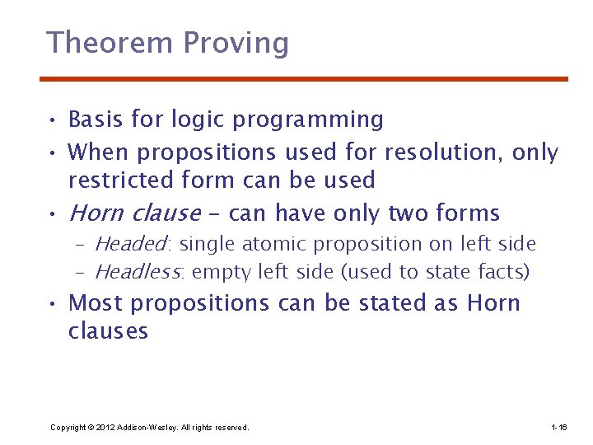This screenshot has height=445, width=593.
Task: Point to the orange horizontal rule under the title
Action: [304, 79]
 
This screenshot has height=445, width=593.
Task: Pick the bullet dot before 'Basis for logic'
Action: [51, 121]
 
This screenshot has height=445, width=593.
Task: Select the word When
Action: [100, 152]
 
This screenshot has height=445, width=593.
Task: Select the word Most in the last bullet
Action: [96, 302]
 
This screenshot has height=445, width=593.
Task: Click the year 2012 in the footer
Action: [105, 428]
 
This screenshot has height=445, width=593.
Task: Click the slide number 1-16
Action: [558, 428]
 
